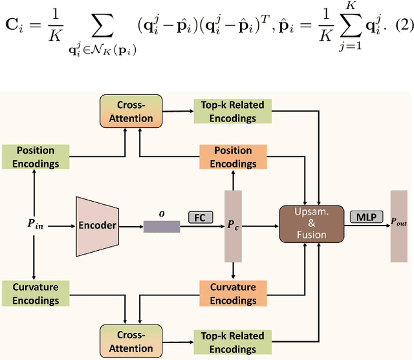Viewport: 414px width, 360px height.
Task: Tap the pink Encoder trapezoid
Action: coord(97,226)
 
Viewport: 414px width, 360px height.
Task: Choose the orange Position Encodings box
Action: coord(234,156)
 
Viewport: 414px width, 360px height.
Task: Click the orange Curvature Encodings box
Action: coord(234,293)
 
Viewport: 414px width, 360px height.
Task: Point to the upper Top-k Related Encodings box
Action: coord(229,112)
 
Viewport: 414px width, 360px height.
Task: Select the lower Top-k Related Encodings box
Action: coord(229,342)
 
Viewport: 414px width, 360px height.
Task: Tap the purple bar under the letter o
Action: coord(162,226)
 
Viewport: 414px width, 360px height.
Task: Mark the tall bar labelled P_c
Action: coord(233,226)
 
